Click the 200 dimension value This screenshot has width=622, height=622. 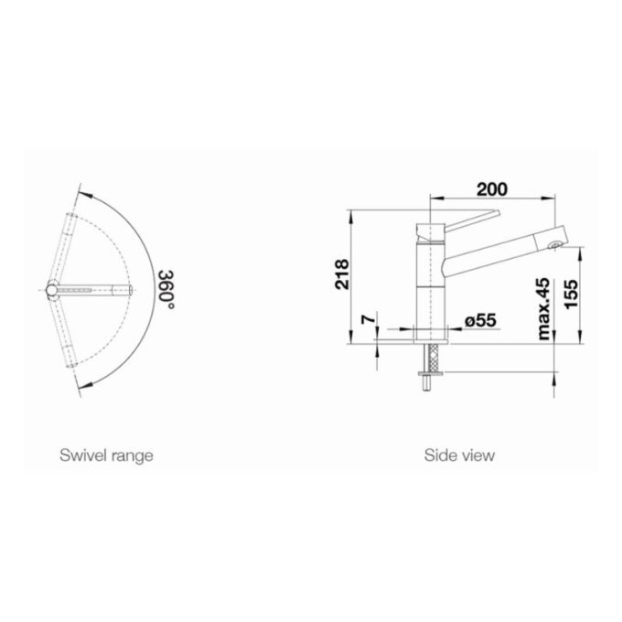point(491,189)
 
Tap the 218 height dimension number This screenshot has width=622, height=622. point(342,274)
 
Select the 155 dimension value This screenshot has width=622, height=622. point(572,294)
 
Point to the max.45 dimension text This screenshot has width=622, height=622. point(544,309)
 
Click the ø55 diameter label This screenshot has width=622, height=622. point(480,320)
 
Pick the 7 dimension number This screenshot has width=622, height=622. point(368,318)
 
